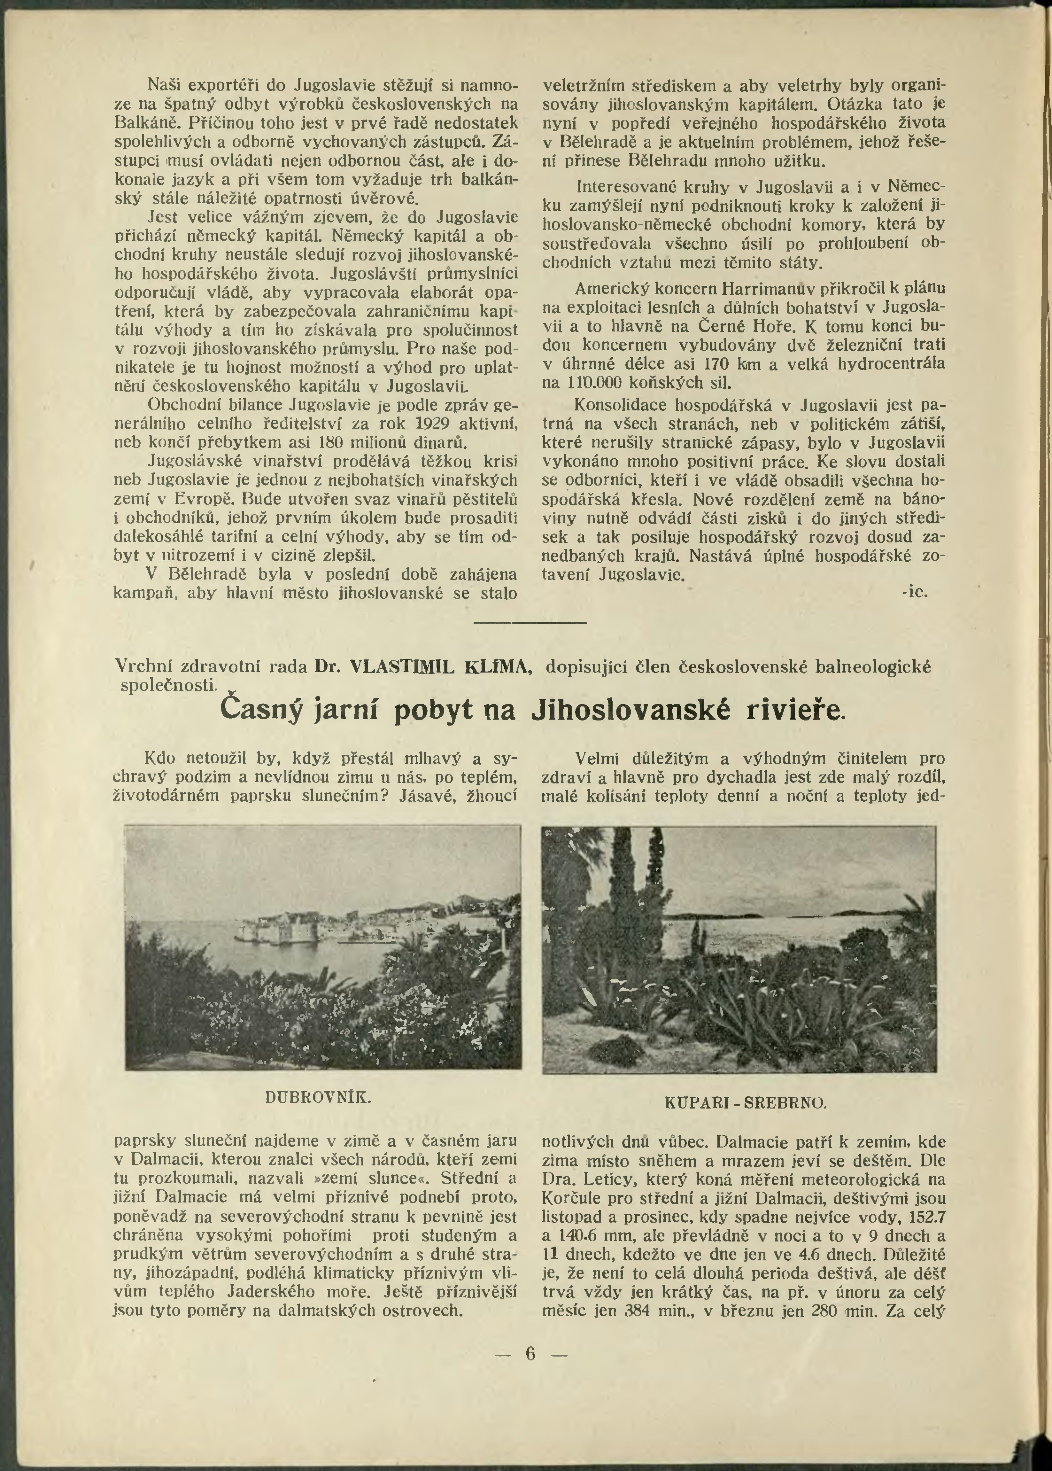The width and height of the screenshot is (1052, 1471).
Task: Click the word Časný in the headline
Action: tap(262, 711)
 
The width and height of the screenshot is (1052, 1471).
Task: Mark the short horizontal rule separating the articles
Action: tap(530, 623)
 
